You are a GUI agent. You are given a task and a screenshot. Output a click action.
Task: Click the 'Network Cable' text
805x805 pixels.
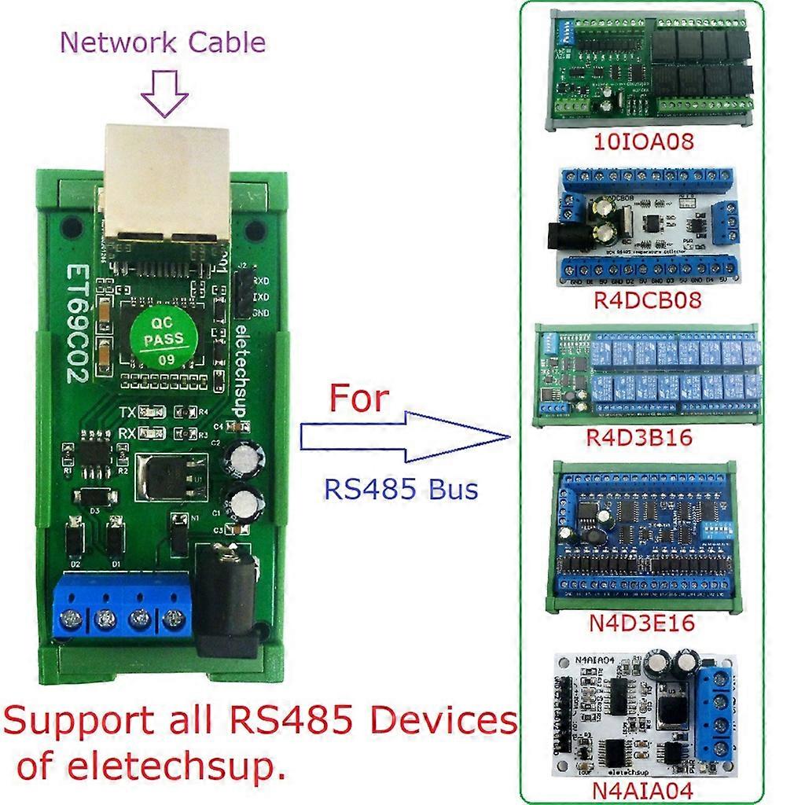click(163, 42)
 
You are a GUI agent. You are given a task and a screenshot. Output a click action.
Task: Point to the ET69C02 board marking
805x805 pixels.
click(76, 322)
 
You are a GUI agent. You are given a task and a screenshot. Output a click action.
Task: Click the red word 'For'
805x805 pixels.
click(358, 399)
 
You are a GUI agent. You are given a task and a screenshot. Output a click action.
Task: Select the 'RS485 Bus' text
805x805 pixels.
click(401, 489)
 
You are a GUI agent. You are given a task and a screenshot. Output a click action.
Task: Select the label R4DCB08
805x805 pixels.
click(644, 300)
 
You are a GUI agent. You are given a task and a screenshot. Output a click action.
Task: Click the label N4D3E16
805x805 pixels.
click(642, 624)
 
